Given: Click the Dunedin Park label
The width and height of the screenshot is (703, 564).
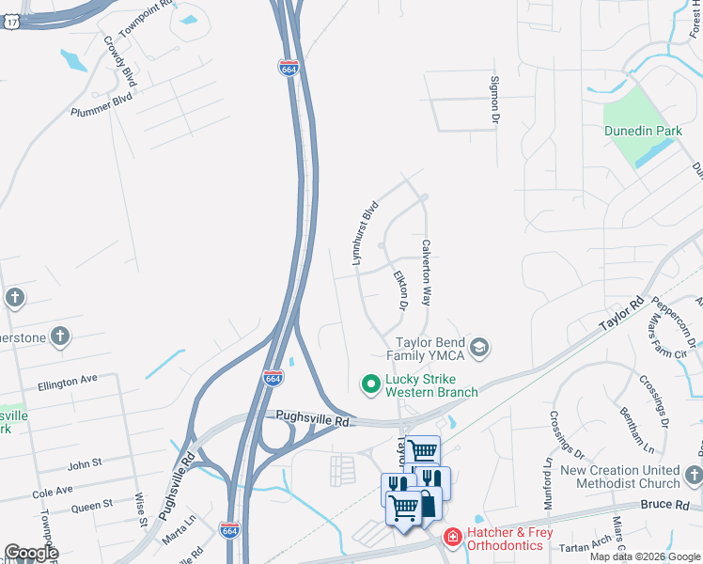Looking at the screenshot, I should point(642,133).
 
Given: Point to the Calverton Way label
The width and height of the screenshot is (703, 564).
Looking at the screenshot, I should point(426,272).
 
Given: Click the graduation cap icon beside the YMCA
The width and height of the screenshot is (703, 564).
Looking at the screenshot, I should point(480,349).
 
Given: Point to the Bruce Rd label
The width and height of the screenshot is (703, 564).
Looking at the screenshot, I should point(667,505).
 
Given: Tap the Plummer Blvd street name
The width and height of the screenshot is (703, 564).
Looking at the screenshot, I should point(102,104).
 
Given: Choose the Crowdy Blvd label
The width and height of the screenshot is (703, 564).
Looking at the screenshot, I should point(121,62).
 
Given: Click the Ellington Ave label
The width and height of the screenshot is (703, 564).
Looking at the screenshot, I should point(68,381).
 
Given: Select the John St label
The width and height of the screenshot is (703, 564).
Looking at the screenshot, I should point(84,464).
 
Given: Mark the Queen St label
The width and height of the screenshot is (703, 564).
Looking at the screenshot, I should point(91,506).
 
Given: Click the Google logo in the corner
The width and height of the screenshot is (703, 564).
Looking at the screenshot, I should point(31,553).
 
